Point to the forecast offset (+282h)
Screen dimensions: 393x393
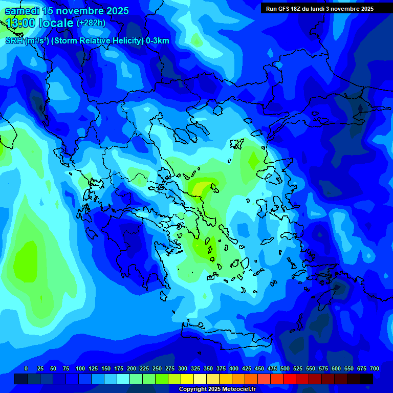[91, 23]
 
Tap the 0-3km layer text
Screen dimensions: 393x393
[157, 41]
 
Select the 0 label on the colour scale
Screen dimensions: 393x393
[26, 368]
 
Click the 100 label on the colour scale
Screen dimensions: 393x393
[80, 368]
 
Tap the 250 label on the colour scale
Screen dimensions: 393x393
[157, 368]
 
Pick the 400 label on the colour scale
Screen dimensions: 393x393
[234, 368]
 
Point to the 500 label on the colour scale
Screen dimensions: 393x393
[285, 368]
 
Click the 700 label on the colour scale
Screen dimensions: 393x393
[375, 368]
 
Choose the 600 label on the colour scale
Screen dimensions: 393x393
[336, 368]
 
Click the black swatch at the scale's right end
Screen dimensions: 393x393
[366, 379]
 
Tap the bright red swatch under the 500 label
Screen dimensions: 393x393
[290, 379]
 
